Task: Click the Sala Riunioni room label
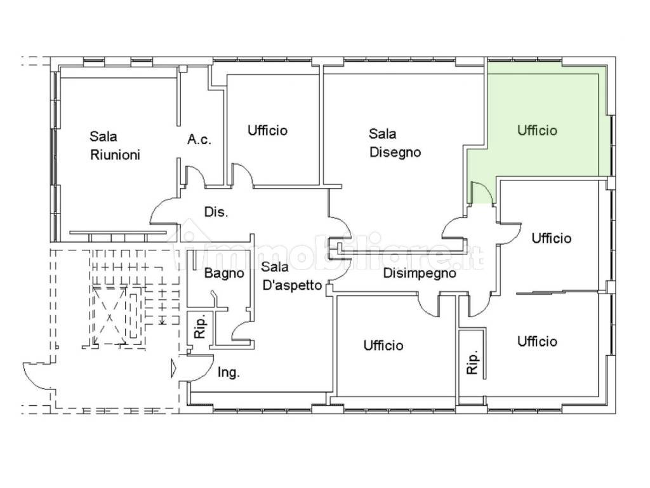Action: point(116,146)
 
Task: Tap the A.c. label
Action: point(199,139)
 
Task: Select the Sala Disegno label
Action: point(395,143)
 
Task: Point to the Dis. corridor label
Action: point(216,212)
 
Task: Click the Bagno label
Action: point(224,273)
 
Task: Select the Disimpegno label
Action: point(420,273)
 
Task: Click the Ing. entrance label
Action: point(229,372)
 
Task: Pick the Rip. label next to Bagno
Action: point(200,325)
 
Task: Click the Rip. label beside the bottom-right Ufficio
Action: point(472,362)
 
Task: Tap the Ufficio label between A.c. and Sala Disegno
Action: point(267,130)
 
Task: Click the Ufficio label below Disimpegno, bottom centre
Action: point(383,345)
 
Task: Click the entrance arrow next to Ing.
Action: point(173,369)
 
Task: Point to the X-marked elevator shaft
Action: point(109,316)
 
